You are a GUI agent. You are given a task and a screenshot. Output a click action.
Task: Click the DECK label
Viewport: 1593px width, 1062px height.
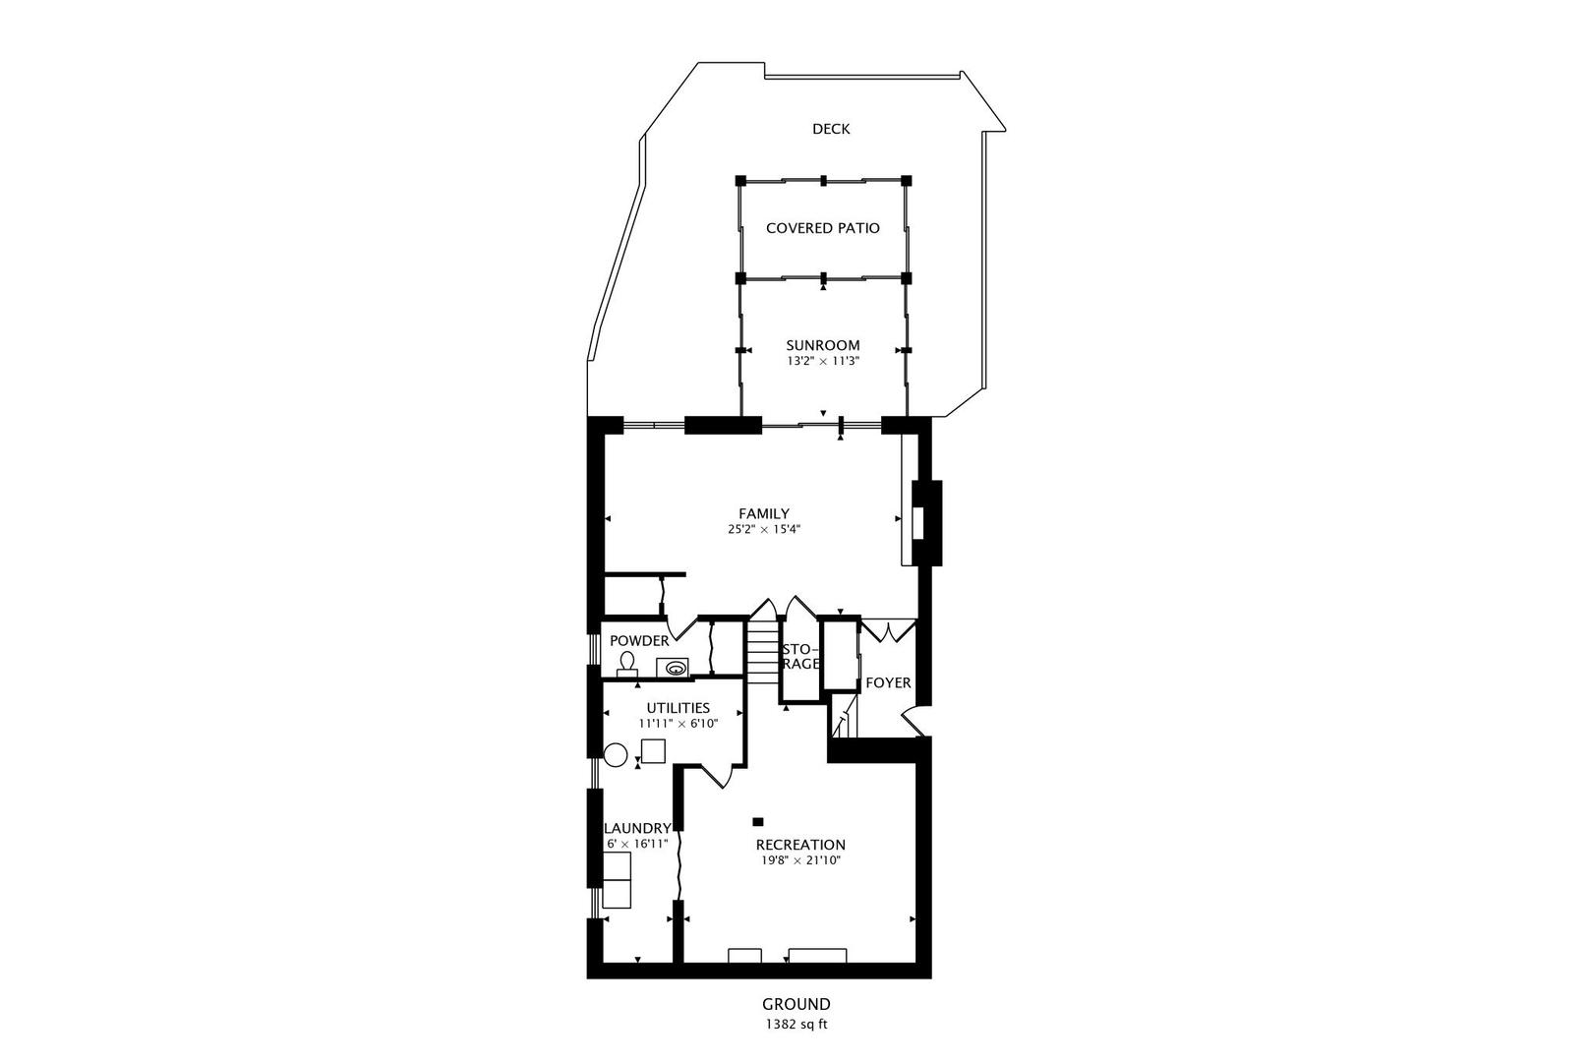pyautogui.click(x=831, y=129)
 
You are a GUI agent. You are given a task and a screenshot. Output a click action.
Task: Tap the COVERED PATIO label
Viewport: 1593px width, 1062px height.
pyautogui.click(x=823, y=228)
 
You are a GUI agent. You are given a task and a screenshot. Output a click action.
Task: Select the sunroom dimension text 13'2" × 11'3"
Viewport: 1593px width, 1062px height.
pyautogui.click(x=823, y=361)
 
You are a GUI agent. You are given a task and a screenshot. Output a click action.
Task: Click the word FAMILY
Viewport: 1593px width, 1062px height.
pyautogui.click(x=764, y=513)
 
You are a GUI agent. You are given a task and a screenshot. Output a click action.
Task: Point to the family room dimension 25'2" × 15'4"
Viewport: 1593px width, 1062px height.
pyautogui.click(x=764, y=529)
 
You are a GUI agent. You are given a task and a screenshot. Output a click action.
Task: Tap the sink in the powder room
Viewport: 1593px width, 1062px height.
pyautogui.click(x=676, y=668)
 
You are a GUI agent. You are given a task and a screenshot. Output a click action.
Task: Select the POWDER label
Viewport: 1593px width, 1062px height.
pyautogui.click(x=639, y=641)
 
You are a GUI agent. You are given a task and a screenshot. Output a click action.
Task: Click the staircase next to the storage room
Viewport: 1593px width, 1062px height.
pyautogui.click(x=762, y=652)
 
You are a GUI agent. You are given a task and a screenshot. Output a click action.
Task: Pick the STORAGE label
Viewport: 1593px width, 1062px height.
pyautogui.click(x=800, y=657)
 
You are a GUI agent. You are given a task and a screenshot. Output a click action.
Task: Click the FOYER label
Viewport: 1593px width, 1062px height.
pyautogui.click(x=888, y=682)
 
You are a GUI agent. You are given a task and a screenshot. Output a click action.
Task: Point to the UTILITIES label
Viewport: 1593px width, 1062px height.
pyautogui.click(x=678, y=708)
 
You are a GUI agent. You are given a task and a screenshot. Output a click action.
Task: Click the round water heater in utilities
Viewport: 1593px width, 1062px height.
pyautogui.click(x=616, y=755)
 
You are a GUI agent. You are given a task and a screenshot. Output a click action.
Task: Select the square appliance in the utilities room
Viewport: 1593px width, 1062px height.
pyautogui.click(x=653, y=751)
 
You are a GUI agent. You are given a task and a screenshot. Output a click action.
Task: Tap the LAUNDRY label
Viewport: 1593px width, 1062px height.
pyautogui.click(x=637, y=828)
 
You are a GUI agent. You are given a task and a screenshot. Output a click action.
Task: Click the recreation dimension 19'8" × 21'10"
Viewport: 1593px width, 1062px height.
pyautogui.click(x=800, y=860)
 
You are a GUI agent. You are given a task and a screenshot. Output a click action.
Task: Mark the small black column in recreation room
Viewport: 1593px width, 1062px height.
pyautogui.click(x=758, y=821)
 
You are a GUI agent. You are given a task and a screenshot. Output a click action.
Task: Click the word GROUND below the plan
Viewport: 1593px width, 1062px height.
pyautogui.click(x=796, y=1004)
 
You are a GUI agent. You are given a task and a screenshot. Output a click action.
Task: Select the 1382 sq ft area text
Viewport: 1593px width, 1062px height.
pyautogui.click(x=796, y=1025)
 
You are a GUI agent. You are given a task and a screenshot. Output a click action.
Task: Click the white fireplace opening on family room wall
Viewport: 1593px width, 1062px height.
pyautogui.click(x=918, y=523)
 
